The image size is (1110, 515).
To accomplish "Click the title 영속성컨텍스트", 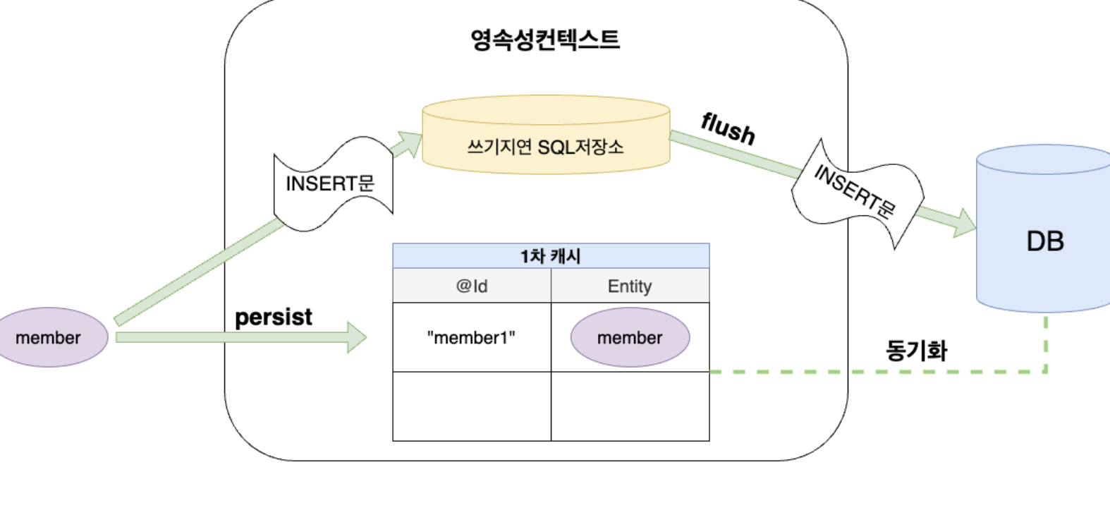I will click(544, 40).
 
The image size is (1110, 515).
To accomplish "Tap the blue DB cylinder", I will click(1044, 233).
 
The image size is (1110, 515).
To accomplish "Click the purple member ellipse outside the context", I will click(49, 337).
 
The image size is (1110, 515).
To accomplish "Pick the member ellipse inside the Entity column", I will click(630, 337).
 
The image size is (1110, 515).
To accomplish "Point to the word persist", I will click(274, 317).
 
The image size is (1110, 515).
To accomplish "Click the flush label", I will click(728, 128).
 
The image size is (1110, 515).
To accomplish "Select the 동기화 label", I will click(915, 350).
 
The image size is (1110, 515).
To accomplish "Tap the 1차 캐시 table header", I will click(551, 256).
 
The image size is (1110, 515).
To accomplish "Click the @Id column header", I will click(472, 286).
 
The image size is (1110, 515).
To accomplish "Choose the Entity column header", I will click(630, 286).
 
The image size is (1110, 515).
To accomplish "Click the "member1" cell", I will click(471, 337).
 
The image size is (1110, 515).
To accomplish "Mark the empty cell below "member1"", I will click(471, 406).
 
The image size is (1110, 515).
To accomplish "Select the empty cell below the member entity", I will click(630, 406).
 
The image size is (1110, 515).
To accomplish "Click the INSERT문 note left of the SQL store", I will click(330, 183).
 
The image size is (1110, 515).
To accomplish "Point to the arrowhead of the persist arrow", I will click(357, 337).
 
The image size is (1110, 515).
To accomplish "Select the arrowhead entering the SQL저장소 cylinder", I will click(410, 141).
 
